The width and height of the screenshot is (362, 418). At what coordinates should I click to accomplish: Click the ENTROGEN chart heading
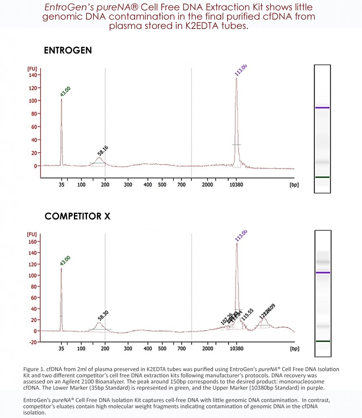[68, 50]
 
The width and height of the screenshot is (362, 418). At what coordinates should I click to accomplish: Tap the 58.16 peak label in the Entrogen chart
[103, 150]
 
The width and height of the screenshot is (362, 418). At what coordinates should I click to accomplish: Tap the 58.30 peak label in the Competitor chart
[103, 315]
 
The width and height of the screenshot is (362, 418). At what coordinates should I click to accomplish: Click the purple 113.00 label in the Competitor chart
[241, 236]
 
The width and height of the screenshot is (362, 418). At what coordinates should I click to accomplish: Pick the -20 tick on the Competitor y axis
[32, 342]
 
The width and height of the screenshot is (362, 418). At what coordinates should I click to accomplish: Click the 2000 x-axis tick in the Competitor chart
[207, 349]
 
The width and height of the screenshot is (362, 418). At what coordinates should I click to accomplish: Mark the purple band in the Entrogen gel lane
[322, 108]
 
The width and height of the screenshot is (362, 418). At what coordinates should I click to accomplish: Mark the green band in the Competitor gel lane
[322, 341]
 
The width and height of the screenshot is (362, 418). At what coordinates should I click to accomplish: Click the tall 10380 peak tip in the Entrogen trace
[236, 79]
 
